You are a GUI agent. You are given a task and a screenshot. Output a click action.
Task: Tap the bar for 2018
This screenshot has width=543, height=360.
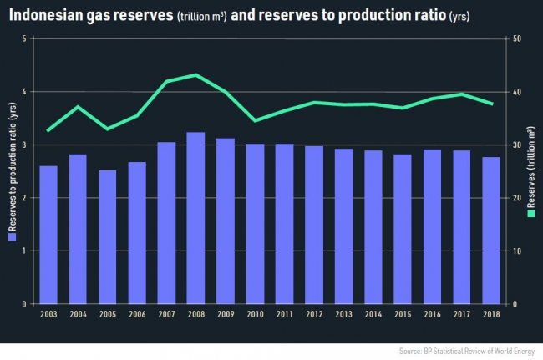(490, 230)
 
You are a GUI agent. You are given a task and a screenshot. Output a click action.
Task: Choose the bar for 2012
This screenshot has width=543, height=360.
(313, 225)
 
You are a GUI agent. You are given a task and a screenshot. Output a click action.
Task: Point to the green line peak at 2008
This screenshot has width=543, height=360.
(195, 74)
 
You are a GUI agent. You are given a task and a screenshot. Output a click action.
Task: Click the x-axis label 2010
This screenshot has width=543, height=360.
(255, 314)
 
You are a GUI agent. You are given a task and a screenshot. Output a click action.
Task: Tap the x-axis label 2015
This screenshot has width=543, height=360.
(402, 314)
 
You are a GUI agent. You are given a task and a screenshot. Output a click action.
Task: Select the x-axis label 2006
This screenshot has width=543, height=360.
(137, 314)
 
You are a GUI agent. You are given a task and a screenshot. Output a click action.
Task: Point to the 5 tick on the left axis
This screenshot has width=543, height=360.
(25, 38)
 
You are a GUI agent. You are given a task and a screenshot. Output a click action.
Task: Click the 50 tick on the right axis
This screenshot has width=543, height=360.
(518, 38)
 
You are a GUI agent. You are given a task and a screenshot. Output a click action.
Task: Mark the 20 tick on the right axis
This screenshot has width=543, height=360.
(518, 198)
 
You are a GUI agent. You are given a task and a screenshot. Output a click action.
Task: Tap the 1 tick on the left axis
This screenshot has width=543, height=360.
(25, 251)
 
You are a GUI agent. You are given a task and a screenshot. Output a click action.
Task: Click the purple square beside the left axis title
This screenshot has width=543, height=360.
(11, 238)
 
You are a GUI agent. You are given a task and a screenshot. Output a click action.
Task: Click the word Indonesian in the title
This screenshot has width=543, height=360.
(47, 15)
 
